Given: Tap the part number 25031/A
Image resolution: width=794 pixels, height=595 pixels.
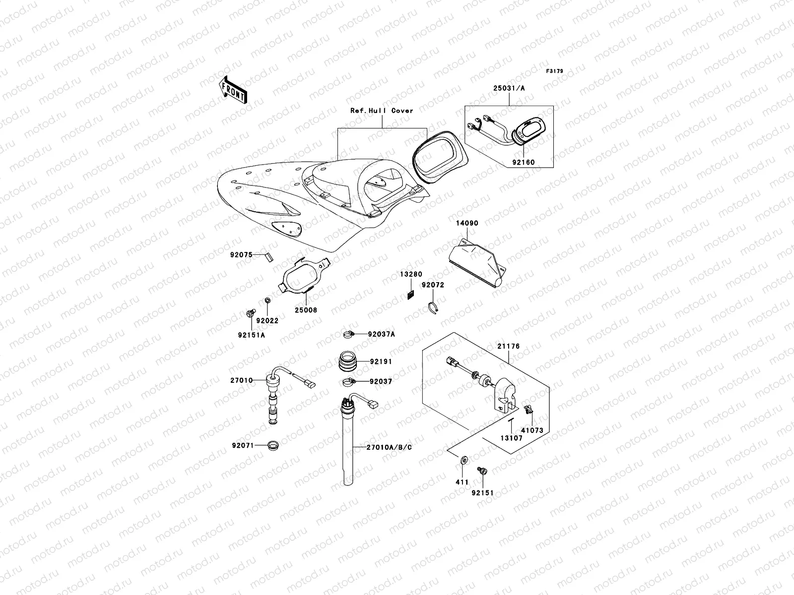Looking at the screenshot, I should point(509,88).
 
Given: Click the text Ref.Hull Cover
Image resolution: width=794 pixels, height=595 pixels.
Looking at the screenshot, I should point(382,111).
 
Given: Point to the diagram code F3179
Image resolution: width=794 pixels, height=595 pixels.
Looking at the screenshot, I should point(555,71).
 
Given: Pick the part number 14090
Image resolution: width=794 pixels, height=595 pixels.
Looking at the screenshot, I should point(467,223).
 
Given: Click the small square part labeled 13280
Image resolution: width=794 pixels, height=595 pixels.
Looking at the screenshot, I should point(410,295).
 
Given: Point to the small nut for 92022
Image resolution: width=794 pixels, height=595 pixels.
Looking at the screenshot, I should point(267,300).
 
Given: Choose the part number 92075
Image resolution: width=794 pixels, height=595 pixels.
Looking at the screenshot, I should point(241,255).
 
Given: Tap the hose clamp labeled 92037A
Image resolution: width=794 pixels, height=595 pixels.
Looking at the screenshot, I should point(349,334).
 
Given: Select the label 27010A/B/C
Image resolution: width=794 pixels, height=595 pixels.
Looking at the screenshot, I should point(389,447).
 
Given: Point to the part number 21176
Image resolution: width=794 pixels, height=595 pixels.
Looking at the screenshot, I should point(509,347).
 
